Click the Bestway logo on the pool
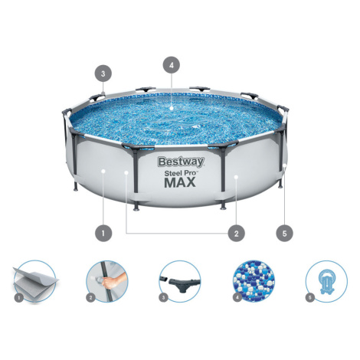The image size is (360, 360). pos(181,162)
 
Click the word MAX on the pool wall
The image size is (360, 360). pos(180,182)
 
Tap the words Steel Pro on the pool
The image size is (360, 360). pos(181,173)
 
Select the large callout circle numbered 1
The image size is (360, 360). pos(103,233)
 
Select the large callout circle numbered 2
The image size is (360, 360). pos(236,233)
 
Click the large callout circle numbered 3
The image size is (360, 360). pos(103,74)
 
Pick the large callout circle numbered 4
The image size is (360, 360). pos(172,65)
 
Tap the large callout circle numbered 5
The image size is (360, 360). pos(284,233)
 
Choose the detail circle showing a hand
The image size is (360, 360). pos(107,281)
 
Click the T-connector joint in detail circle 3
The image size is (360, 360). pos(182,284)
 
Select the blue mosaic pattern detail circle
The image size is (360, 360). pos(254,281)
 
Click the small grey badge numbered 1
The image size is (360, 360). pos(18,298)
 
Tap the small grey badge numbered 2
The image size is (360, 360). pos(90,298)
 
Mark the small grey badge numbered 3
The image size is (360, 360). pos(164,298)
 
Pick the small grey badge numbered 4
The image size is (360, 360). pos(237,298)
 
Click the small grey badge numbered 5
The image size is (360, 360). pos(310,298)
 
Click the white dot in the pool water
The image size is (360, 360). pos(172,108)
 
